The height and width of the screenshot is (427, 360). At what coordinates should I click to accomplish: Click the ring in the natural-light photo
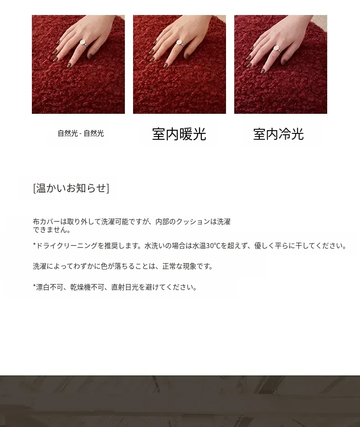click(x=83, y=43)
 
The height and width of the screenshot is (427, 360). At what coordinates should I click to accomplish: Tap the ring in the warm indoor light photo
click(x=180, y=44)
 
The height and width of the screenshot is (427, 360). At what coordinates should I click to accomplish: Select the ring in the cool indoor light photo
click(x=276, y=49)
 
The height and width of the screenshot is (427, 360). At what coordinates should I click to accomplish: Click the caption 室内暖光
click(x=179, y=134)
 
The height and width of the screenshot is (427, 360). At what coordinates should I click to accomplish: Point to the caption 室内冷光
click(x=278, y=134)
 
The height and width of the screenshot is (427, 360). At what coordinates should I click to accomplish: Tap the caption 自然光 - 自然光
click(x=81, y=133)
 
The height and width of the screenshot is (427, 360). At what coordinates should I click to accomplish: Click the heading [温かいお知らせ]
click(x=71, y=188)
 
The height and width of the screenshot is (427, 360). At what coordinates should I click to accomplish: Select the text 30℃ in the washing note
click(x=213, y=246)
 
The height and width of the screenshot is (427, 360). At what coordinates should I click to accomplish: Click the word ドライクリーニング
click(x=67, y=246)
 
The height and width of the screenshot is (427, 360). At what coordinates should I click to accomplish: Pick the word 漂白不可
click(x=50, y=287)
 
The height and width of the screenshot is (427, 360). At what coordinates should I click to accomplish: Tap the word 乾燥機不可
click(x=87, y=287)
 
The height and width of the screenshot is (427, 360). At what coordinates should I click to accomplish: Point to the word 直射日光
click(x=125, y=287)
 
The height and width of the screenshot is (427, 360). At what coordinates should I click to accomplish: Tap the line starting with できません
click(x=52, y=230)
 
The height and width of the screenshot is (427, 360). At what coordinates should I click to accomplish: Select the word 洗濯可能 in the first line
click(x=115, y=222)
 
